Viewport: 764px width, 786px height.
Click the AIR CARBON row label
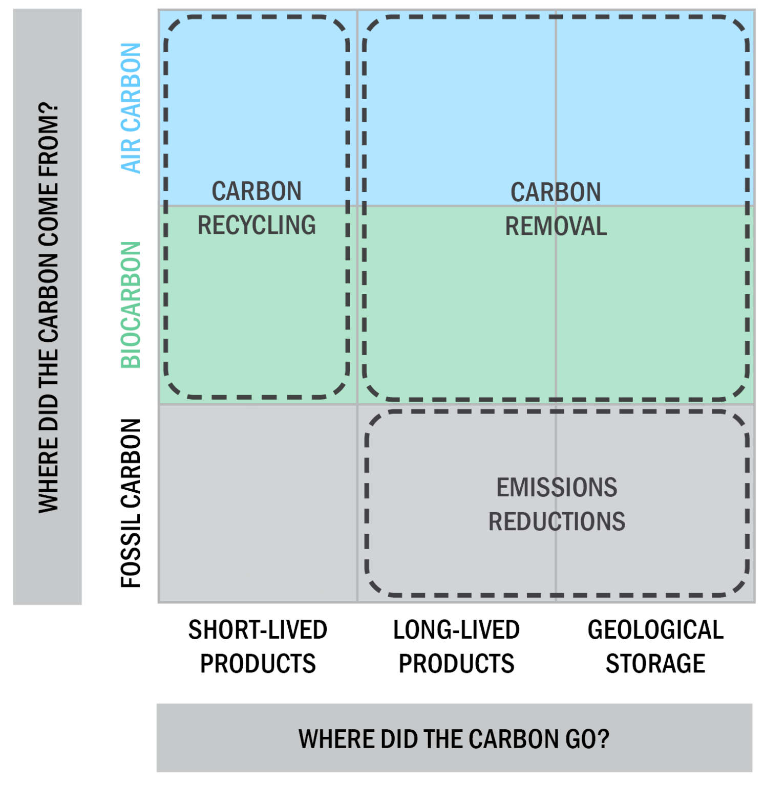131,108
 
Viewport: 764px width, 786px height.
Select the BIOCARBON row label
131,305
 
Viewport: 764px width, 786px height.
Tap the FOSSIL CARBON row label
131,503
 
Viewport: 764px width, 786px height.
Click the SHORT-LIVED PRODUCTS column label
258,646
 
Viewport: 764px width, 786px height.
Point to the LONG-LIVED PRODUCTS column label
456,646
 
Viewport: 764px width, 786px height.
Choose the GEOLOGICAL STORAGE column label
655,646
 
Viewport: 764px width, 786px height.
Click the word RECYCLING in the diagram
257,225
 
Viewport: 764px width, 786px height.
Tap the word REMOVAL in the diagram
556,226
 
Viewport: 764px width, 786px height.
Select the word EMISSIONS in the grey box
557,487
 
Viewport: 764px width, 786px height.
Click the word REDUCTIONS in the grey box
557,521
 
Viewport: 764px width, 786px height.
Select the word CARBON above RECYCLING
257,191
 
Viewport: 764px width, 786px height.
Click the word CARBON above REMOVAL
556,192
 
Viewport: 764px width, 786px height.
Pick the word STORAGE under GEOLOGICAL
655,664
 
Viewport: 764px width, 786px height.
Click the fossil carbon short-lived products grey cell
258,503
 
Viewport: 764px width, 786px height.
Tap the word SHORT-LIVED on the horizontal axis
258,630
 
